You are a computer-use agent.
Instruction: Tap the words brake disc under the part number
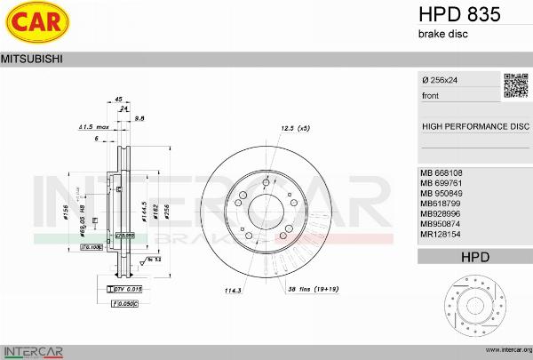[442, 34]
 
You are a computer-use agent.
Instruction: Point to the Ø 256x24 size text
[441, 80]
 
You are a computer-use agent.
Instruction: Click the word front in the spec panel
[430, 95]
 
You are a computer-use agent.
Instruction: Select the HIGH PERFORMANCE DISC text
[474, 126]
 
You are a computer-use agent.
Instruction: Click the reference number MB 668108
[443, 172]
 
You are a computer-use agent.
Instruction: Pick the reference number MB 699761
[443, 182]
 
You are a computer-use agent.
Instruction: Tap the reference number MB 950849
[443, 193]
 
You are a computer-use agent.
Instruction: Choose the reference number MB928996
[442, 214]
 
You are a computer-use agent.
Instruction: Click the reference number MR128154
[442, 236]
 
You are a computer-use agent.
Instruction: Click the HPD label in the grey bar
[474, 257]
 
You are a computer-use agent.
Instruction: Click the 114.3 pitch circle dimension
[233, 290]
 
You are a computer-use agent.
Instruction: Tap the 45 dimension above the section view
[118, 100]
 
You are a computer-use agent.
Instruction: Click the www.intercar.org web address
[504, 351]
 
